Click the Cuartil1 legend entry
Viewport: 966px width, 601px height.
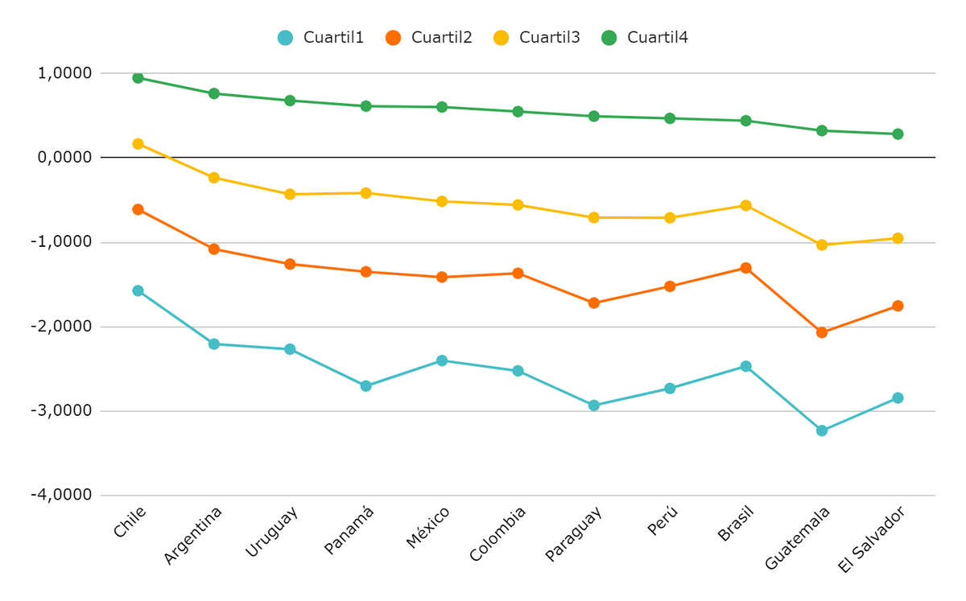[320, 37]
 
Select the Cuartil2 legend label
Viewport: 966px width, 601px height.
[428, 37]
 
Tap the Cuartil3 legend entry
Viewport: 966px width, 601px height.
[536, 37]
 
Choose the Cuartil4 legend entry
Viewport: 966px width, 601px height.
[645, 37]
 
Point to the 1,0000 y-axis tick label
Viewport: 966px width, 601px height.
[64, 73]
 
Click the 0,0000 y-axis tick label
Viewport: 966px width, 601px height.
[64, 157]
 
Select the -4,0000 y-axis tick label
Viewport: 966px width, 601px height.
[61, 495]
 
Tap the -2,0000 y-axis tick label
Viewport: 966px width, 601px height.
[61, 327]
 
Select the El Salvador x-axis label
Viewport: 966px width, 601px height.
[871, 540]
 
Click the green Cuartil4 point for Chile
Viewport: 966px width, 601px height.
[138, 78]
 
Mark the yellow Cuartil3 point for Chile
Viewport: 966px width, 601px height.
[138, 144]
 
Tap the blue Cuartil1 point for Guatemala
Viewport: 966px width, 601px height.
[821, 430]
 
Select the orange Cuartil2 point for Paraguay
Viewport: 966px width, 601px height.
[593, 303]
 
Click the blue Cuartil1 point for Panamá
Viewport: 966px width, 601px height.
[365, 386]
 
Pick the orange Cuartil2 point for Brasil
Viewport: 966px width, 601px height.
[745, 268]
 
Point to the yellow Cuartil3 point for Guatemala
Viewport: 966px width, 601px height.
[821, 245]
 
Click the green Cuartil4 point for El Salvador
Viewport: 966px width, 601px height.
[898, 134]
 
